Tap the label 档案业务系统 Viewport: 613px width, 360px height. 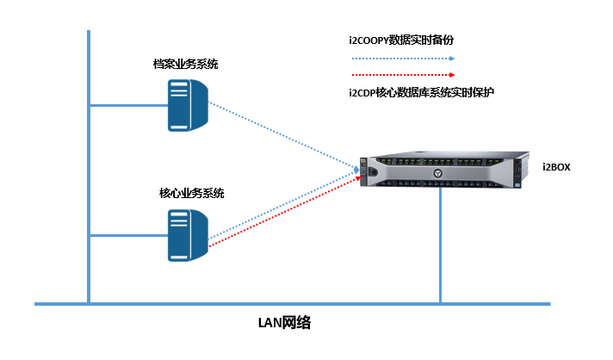(185, 65)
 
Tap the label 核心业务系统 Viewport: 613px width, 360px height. (191, 194)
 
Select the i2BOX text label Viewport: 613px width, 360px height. (557, 165)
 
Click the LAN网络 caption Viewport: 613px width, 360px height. (284, 323)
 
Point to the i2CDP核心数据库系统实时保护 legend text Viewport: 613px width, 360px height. (421, 92)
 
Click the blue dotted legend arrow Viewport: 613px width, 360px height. (401, 59)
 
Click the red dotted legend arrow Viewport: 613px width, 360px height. (401, 74)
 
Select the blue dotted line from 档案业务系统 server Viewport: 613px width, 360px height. (284, 136)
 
